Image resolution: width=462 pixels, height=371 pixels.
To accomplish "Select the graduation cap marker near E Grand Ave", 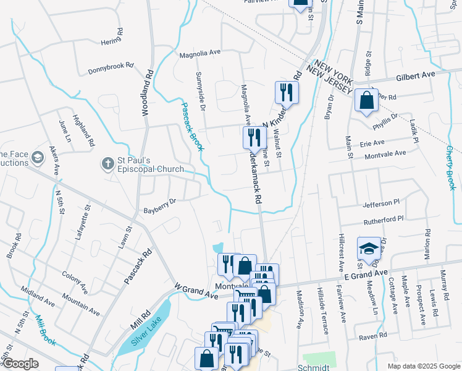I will (x=369, y=249).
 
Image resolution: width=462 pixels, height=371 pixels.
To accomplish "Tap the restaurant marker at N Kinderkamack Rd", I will (x=287, y=92).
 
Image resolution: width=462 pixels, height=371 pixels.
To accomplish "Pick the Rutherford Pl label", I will (x=383, y=218).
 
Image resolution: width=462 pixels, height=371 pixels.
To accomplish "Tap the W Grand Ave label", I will (x=196, y=291).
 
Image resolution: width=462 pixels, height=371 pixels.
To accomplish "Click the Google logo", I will (x=20, y=364).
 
